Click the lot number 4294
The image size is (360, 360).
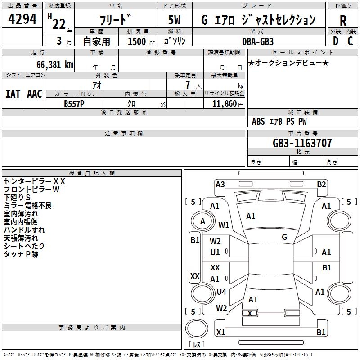pos(22,19)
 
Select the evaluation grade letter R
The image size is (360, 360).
pos(343,21)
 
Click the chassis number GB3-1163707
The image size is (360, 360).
pos(302,143)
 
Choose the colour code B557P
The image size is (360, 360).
pos(74,103)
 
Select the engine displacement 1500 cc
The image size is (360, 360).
pos(138,41)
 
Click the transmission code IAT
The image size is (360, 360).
pos(13,94)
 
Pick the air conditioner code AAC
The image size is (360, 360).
pos(34,94)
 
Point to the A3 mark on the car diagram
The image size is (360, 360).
pos(220,184)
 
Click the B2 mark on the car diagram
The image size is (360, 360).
pos(321,184)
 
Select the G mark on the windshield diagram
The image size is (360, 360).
pos(284,237)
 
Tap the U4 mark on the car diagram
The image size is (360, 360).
pos(221,292)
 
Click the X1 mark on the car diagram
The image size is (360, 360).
pos(220,333)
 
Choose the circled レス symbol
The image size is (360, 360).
pos(197,345)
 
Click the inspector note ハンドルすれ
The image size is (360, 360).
pos(21,230)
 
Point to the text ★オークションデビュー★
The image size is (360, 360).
pos(288,63)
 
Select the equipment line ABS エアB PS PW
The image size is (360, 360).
pos(279,121)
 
